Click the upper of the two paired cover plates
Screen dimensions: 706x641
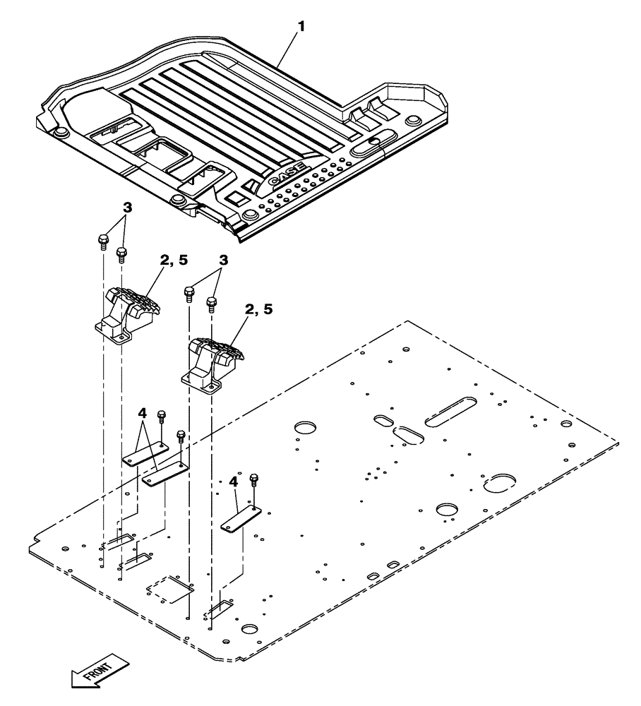[x=144, y=455]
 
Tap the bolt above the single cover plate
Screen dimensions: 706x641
[x=254, y=481]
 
